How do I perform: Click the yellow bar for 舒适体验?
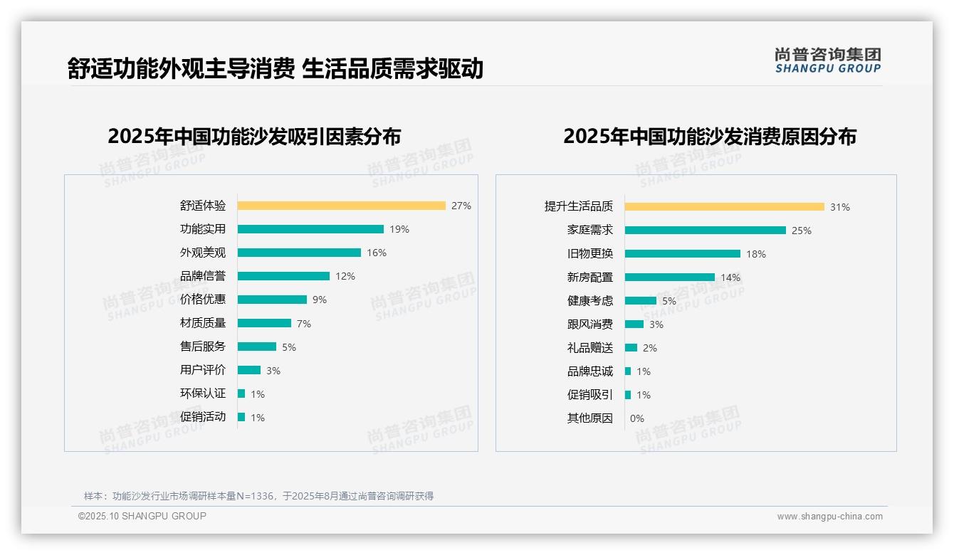341,206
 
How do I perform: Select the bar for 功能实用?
310,229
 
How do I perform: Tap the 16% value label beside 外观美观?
377,253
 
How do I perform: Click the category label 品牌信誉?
203,276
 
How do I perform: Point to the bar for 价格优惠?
272,300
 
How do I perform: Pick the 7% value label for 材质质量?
304,324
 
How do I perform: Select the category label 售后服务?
203,347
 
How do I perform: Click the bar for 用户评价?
249,370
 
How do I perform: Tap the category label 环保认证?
203,393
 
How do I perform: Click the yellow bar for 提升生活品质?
724,207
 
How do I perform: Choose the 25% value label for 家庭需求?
802,231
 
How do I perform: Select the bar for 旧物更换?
682,254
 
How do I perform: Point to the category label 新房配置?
590,277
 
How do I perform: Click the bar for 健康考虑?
640,301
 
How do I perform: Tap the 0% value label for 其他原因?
637,418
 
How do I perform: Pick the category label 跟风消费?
590,324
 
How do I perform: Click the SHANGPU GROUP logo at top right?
828,60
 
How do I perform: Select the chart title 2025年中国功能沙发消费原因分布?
710,137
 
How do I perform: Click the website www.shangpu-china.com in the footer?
829,517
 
